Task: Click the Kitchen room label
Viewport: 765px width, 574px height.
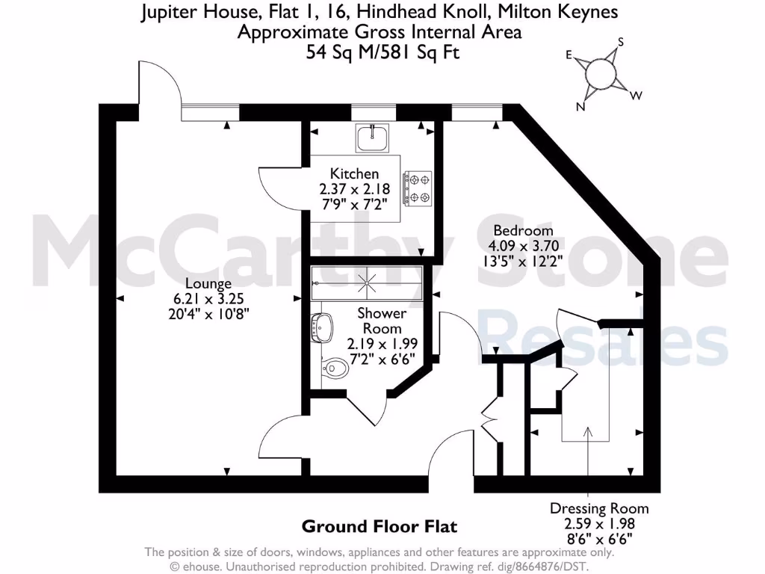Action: point(350,174)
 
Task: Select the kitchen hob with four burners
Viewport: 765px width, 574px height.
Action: point(418,188)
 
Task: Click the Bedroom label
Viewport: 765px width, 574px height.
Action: point(523,230)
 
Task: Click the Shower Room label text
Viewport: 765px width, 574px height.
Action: point(382,321)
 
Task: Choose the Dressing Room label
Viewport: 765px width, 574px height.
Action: point(599,508)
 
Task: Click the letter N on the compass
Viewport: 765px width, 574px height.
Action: point(580,106)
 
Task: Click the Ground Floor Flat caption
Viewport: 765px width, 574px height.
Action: point(379,526)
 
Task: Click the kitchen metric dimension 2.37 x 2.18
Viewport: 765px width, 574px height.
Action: point(350,189)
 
